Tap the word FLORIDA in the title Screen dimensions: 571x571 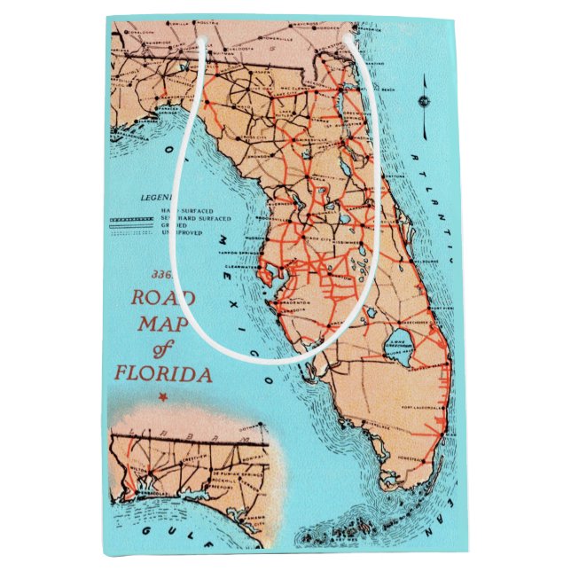162,374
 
